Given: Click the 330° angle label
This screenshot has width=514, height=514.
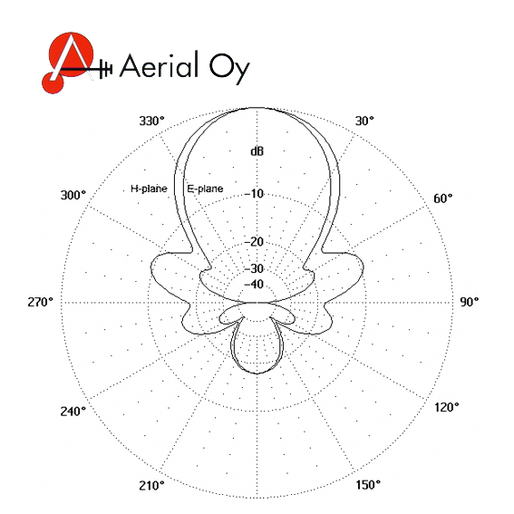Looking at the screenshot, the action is tap(151, 121).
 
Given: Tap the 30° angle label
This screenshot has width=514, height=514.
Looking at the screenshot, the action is tap(364, 121).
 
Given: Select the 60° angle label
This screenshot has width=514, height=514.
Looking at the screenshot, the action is tap(442, 199).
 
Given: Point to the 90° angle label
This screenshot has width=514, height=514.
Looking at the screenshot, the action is tap(469, 302).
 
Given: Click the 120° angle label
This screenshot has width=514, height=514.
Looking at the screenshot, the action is tap(447, 407).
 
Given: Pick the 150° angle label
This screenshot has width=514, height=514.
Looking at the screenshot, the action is tap(368, 484).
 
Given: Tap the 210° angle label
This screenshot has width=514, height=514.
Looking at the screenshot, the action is tap(151, 486).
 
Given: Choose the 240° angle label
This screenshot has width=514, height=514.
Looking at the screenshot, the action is tap(73, 411).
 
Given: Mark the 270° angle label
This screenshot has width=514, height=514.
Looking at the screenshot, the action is tap(40, 302).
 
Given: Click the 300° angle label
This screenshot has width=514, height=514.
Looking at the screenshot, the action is tap(73, 196).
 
